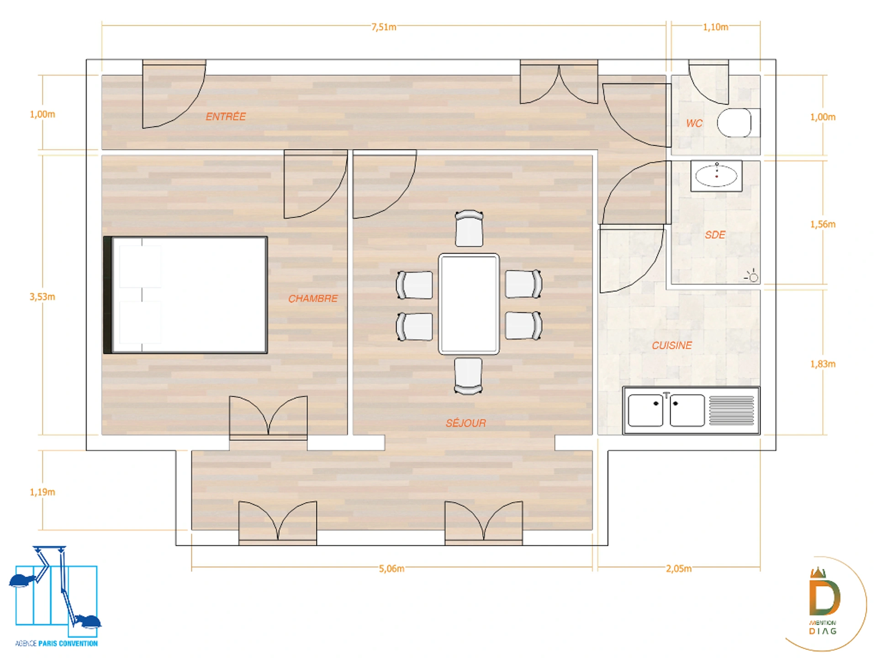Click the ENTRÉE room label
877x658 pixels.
point(226,117)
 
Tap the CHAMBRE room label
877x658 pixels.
point(313,298)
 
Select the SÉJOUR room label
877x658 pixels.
point(466,423)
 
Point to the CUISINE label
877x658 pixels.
point(672,345)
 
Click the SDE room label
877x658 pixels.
point(715,235)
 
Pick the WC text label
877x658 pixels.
point(694,123)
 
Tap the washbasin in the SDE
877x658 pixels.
point(716,175)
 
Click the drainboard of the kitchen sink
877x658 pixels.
point(732,411)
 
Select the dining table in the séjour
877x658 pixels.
point(469,304)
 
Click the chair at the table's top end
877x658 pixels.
point(469,228)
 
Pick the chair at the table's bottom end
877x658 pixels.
point(468,376)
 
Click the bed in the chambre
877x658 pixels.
point(185,295)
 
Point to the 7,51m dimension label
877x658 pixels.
point(384,27)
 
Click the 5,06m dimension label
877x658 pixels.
point(391,568)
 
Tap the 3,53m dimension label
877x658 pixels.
point(42,297)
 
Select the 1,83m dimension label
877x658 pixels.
point(823,364)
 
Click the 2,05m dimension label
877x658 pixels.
point(678,568)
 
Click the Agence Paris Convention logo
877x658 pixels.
point(56,596)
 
